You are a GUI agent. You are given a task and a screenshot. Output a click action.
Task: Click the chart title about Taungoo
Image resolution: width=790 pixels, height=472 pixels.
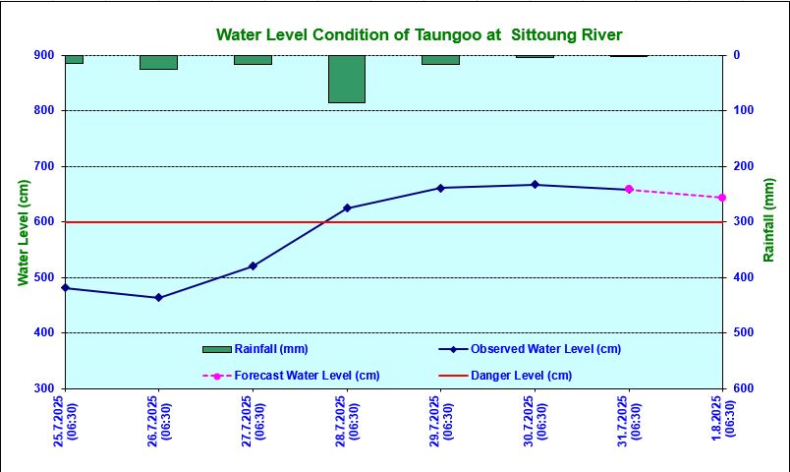419,35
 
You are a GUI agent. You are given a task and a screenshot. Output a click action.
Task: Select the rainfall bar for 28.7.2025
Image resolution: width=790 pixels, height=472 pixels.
347,79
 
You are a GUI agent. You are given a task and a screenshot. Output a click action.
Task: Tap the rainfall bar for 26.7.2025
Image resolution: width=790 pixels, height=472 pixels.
158,62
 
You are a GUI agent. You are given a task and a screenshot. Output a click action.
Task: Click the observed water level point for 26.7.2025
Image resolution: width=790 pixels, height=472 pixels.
158,298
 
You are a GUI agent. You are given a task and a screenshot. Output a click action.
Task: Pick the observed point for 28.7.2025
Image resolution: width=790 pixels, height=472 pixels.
347,208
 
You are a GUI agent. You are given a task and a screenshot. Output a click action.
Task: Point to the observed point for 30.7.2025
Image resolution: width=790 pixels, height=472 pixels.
535,185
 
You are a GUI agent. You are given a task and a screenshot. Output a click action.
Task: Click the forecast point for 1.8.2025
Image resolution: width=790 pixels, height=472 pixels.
722,198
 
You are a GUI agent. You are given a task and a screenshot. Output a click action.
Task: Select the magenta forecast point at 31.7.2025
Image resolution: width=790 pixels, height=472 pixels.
629,190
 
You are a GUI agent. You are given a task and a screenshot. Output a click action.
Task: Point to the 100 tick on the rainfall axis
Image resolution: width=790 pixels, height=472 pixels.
742,111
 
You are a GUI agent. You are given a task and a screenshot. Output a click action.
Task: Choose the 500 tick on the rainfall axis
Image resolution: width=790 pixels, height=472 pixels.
742,333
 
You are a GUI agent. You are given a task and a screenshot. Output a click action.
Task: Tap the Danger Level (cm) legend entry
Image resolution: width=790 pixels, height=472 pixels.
521,376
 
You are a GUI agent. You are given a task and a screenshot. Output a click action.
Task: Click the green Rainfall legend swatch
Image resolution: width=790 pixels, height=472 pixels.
216,349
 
